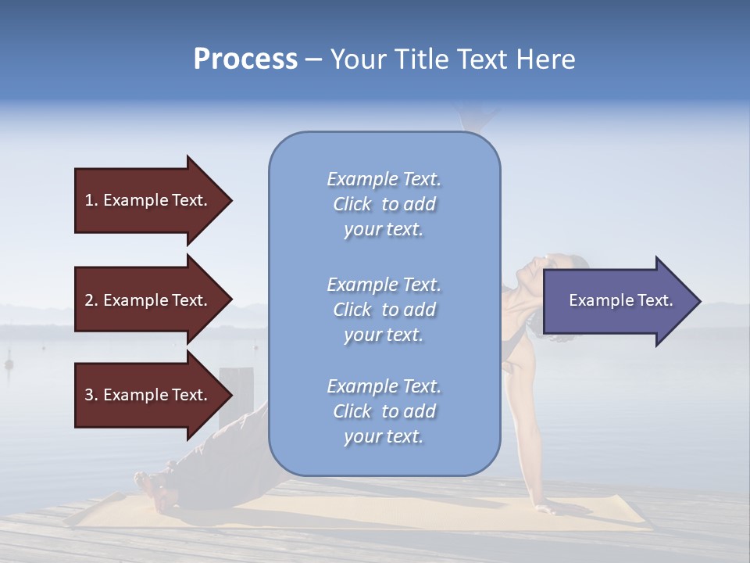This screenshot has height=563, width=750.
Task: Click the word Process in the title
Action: [x=245, y=59]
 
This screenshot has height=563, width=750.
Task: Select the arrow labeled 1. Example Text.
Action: [x=148, y=200]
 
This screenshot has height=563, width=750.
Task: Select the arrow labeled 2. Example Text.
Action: [x=148, y=300]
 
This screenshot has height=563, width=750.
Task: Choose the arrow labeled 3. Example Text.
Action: [x=148, y=395]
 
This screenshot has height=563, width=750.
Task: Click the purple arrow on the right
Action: [x=617, y=300]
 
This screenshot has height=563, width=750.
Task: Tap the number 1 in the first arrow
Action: [x=88, y=200]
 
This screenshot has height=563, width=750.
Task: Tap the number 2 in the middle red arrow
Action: [x=89, y=300]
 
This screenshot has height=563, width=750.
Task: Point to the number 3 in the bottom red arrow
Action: [x=89, y=395]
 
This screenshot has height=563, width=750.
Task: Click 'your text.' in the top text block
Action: [x=384, y=230]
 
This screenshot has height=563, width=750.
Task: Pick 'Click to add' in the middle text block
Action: [x=384, y=310]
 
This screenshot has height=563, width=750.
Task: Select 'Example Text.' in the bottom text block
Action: [x=384, y=386]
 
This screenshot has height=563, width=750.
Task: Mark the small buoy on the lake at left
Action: [x=9, y=364]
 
